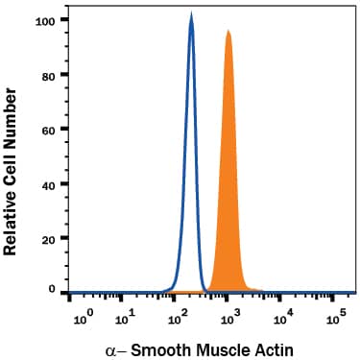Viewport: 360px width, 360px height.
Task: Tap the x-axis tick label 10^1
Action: tap(128, 313)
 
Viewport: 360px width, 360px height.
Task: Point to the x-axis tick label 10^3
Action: tap(230, 313)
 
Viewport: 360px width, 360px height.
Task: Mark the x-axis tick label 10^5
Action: tap(334, 313)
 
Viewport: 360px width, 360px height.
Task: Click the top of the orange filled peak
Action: tap(228, 31)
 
